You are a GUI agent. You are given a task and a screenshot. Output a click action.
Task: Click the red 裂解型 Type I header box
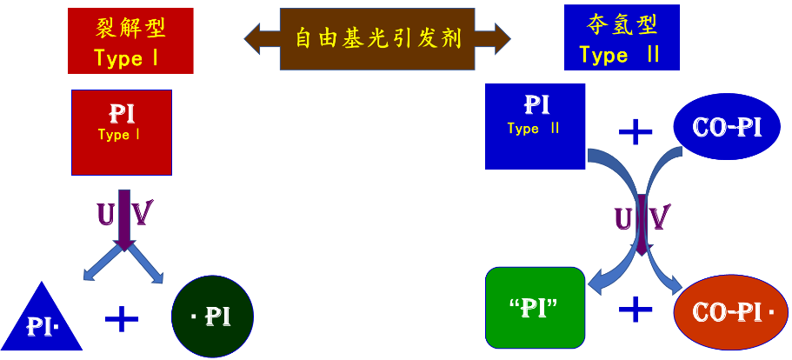tap(130, 42)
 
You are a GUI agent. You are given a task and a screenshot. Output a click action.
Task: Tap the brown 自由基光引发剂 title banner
tap(377, 38)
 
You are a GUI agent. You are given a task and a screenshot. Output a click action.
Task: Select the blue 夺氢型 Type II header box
tap(621, 37)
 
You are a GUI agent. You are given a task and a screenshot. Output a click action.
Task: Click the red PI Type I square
tap(121, 132)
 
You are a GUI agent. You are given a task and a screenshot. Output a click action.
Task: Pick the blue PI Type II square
tap(535, 126)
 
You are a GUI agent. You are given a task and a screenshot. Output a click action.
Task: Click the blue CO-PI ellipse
tap(727, 127)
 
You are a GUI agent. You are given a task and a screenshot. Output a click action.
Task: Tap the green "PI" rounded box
tap(536, 307)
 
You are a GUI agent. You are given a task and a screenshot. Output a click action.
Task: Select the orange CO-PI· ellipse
tap(730, 311)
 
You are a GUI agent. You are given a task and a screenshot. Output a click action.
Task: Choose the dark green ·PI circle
tap(212, 317)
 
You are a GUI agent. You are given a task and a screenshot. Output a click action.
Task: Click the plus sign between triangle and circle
tap(122, 318)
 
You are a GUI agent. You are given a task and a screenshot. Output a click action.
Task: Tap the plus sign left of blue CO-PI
tap(636, 131)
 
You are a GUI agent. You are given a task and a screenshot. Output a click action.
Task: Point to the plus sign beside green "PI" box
tap(636, 309)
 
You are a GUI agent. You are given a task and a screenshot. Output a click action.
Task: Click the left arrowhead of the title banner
tap(257, 37)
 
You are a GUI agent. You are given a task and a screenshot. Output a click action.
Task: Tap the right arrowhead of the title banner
tap(497, 38)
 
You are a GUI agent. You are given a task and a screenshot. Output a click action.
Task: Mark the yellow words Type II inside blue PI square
tap(533, 129)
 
